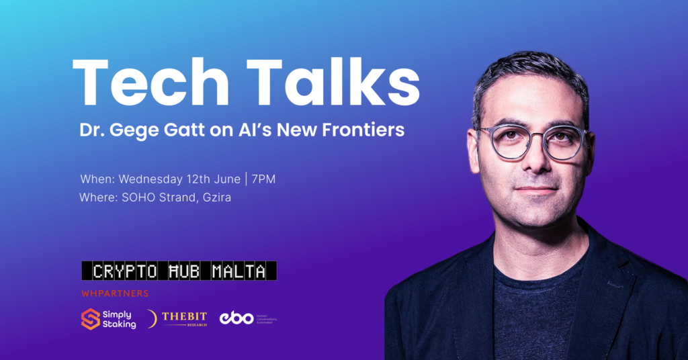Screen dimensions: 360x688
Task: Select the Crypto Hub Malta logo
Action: tap(179, 271)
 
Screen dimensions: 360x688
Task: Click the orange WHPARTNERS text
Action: tap(115, 294)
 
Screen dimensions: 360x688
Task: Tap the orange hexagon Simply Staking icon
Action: tap(91, 318)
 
